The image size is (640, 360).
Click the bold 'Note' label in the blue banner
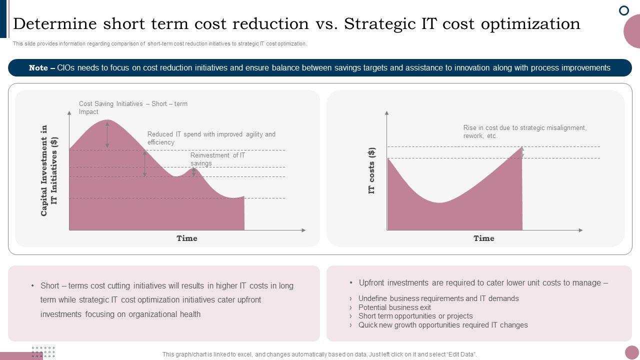[38, 68]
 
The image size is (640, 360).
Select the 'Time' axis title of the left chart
[187, 238]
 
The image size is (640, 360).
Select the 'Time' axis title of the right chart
[484, 238]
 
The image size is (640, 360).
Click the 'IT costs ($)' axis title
[372, 171]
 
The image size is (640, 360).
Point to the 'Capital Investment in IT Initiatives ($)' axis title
[49, 170]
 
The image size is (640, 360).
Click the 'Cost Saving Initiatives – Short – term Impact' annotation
[133, 108]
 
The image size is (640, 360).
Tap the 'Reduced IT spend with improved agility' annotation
[211, 138]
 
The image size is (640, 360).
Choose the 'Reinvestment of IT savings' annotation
[217, 159]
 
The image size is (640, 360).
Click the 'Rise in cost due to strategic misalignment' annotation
[524, 131]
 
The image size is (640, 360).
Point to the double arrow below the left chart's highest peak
[107, 134]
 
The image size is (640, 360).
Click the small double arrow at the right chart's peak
[522, 152]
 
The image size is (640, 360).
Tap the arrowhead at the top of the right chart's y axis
[386, 113]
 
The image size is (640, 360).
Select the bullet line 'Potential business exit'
[394, 307]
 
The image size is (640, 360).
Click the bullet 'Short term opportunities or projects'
[415, 316]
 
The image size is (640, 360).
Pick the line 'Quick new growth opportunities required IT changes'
[442, 325]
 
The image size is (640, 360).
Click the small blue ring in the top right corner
[624, 10]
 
